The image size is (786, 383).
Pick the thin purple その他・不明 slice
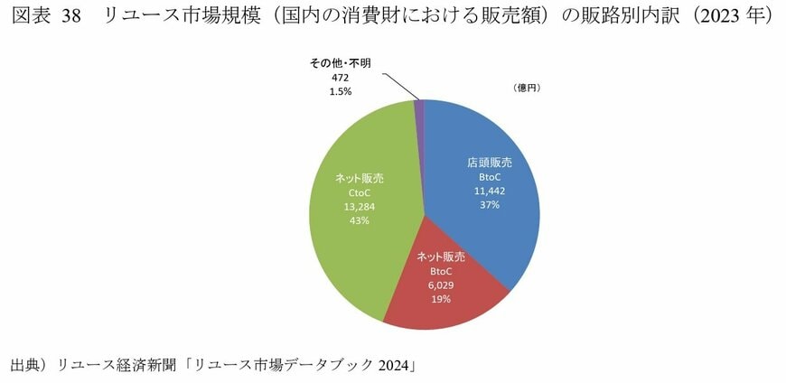click(x=419, y=107)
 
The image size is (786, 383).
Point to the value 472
click(x=340, y=79)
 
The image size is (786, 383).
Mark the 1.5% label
click(x=340, y=92)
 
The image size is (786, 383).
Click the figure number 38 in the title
click(x=72, y=17)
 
